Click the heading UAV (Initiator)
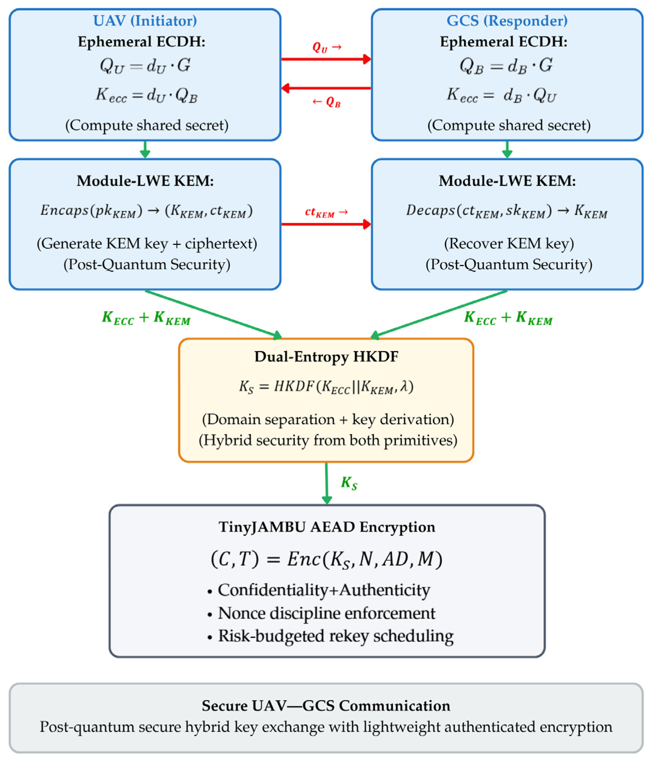click(145, 21)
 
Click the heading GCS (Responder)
click(507, 21)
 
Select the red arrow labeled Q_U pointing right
click(326, 59)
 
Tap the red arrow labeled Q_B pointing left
click(326, 88)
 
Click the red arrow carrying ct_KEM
click(326, 224)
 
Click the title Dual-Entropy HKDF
click(326, 356)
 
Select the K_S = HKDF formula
click(326, 387)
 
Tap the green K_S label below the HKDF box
click(349, 483)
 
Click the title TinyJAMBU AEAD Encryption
click(327, 527)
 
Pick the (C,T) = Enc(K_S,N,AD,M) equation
click(327, 559)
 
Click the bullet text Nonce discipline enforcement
click(326, 613)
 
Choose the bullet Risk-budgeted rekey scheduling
click(335, 636)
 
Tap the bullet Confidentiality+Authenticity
click(324, 590)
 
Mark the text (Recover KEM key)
click(509, 244)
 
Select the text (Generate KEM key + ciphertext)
click(147, 244)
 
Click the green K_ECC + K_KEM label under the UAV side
click(146, 318)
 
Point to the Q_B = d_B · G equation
click(506, 66)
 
